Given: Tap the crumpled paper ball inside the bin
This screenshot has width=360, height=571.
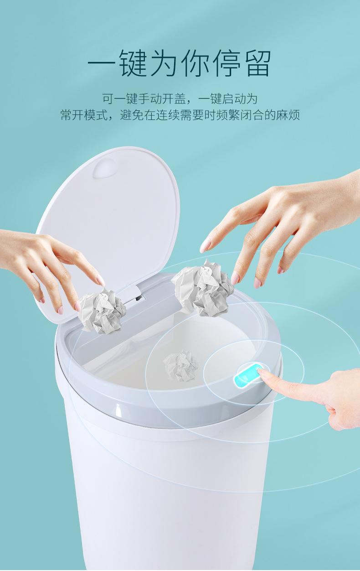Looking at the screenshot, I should pyautogui.click(x=181, y=364).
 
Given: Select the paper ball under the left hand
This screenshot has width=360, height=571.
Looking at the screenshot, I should pyautogui.click(x=102, y=311).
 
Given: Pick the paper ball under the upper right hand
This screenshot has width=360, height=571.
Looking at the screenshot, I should pyautogui.click(x=203, y=287).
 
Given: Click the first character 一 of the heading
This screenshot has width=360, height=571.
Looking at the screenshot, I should pyautogui.click(x=101, y=63).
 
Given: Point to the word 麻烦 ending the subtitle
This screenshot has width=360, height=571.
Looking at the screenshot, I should pyautogui.click(x=289, y=114).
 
